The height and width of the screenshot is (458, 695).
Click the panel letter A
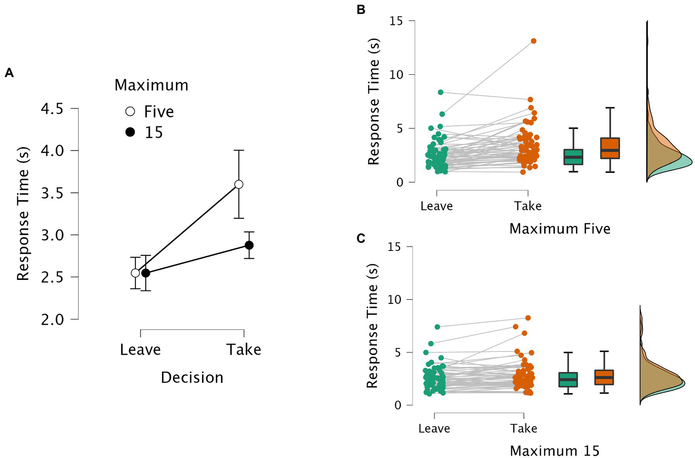tap(9, 73)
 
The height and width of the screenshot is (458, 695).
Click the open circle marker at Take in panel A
tap(239, 184)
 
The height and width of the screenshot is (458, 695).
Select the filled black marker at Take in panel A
tap(249, 245)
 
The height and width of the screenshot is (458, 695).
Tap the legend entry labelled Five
tap(158, 111)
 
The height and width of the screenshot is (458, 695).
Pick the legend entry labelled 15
tap(153, 132)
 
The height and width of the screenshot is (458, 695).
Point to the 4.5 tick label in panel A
tap(53, 109)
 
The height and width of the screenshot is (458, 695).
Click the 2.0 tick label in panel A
tap(53, 320)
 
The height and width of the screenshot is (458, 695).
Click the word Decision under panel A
tap(192, 377)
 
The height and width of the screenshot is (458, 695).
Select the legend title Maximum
tap(151, 85)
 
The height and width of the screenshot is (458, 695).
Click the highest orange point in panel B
tap(533, 41)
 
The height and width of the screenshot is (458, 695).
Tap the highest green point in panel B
tap(441, 92)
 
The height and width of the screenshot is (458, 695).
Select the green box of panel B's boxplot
tap(573, 157)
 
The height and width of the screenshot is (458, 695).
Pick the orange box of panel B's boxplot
tap(609, 148)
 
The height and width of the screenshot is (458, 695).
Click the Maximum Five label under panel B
tap(560, 228)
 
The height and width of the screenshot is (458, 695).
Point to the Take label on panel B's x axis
tap(527, 206)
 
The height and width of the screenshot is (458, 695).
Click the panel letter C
tap(361, 238)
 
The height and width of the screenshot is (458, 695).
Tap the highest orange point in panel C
tap(528, 318)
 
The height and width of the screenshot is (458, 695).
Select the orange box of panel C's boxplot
tap(604, 377)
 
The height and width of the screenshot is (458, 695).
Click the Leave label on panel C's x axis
tap(434, 429)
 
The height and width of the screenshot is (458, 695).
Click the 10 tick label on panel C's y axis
tap(396, 299)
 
